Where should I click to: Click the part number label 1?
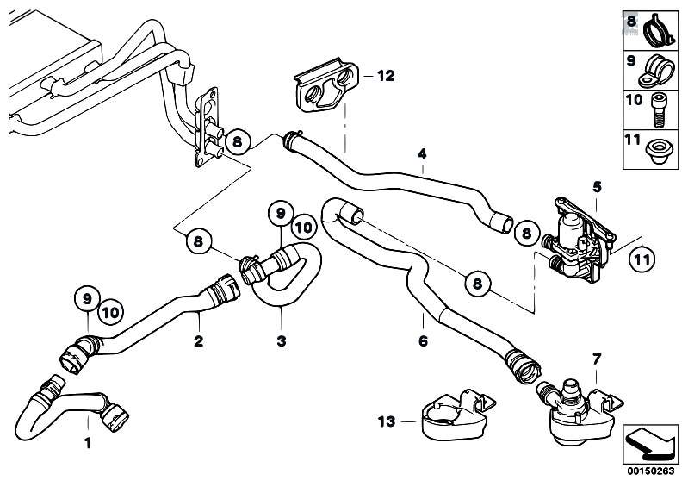(87, 444)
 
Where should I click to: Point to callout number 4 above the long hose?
(422, 154)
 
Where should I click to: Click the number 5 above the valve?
(596, 186)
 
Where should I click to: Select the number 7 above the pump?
(596, 357)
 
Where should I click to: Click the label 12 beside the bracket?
(384, 76)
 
